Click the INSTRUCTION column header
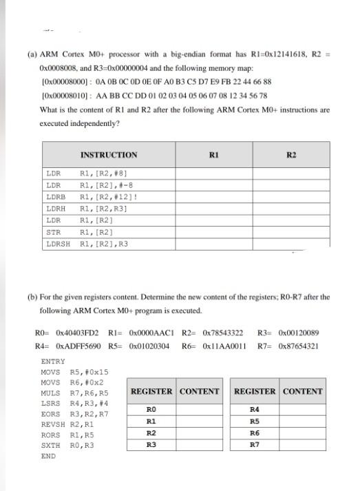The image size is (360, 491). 109,155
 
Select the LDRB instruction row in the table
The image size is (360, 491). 87,197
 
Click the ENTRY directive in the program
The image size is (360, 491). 53,362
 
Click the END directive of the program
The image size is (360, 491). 47,457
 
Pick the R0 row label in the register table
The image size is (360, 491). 151,409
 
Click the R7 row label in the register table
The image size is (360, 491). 254,445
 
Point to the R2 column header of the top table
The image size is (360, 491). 291,155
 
